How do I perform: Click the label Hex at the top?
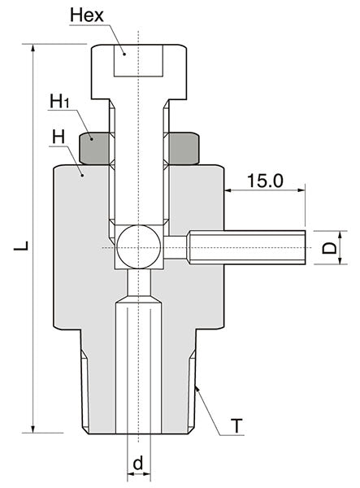tap(87, 15)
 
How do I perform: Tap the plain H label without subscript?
tap(58, 137)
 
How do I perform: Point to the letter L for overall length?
tap(18, 244)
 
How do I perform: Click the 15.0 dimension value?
tap(264, 180)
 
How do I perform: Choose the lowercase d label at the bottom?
tap(138, 463)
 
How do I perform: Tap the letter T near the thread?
tap(236, 425)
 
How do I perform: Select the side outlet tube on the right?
tap(248, 246)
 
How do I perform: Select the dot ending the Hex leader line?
tap(124, 52)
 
